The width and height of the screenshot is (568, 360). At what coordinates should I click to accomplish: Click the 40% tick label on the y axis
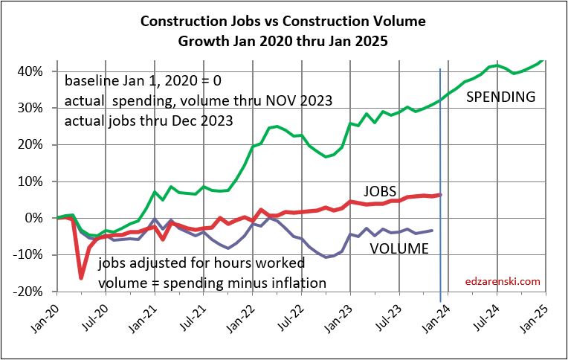point(36,71)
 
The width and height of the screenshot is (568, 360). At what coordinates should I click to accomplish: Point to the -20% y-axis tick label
point(34,292)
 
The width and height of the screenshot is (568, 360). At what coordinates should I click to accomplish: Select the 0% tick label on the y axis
point(41,218)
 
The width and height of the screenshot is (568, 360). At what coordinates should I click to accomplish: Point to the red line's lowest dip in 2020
point(81,278)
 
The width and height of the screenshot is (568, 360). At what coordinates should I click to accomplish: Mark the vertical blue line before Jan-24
point(441,186)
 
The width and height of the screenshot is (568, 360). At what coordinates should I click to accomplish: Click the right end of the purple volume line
point(433,231)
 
